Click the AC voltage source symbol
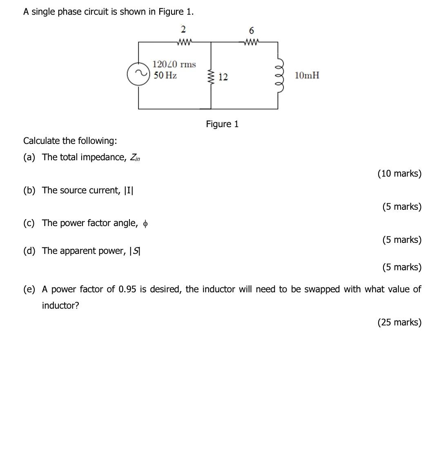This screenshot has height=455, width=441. click(138, 74)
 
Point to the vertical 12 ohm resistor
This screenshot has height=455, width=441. click(211, 76)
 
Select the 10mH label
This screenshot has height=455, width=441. click(307, 75)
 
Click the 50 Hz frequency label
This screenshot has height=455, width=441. click(165, 75)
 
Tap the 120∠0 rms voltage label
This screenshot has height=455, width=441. click(174, 64)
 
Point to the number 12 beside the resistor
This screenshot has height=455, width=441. click(223, 77)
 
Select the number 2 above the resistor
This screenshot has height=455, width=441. click(183, 29)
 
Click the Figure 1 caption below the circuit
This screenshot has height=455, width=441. click(222, 124)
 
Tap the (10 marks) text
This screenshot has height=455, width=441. click(399, 173)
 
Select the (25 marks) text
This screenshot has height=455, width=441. click(399, 322)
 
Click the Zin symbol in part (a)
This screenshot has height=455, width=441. click(134, 158)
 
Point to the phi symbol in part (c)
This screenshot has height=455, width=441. click(146, 224)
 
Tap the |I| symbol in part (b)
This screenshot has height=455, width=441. click(129, 190)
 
